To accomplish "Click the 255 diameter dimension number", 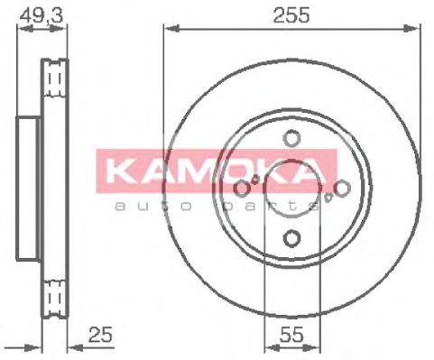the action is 291,15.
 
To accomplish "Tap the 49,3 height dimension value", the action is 42,14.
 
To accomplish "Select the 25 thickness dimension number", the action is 100,334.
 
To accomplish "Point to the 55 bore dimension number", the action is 291,335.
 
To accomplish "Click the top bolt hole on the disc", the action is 291,138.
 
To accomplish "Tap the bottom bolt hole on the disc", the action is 291,238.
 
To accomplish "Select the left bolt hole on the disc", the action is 242,189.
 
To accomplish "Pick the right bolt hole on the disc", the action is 342,189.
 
